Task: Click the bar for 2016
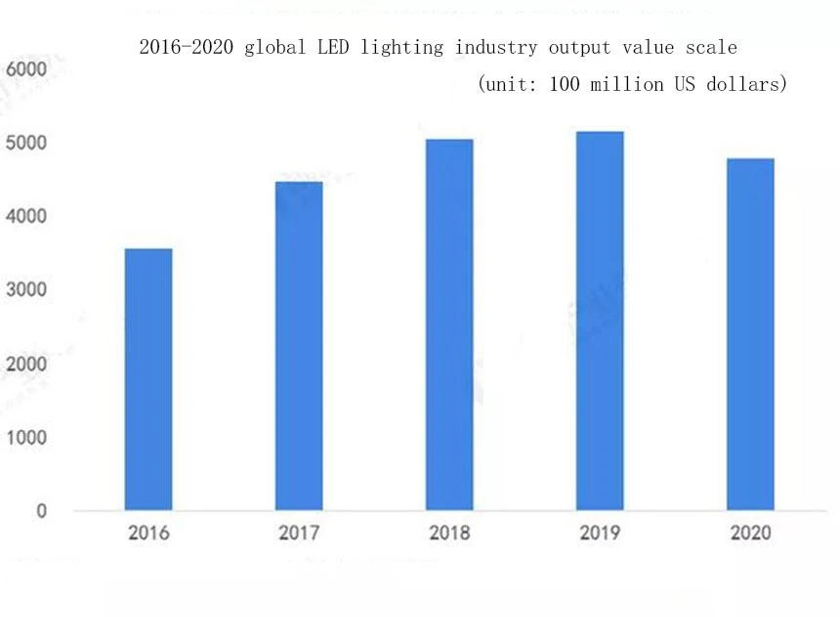pyautogui.click(x=148, y=379)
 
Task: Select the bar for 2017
pyautogui.click(x=299, y=346)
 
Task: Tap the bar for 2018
pyautogui.click(x=449, y=325)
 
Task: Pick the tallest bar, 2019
pyautogui.click(x=600, y=321)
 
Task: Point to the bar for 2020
pyautogui.click(x=750, y=334)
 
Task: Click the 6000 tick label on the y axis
pyautogui.click(x=26, y=69)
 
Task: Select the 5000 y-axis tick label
pyautogui.click(x=26, y=143)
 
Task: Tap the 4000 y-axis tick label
pyautogui.click(x=26, y=216)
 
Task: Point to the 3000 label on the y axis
pyautogui.click(x=26, y=289)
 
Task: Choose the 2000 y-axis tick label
pyautogui.click(x=26, y=364)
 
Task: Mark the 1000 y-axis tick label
pyautogui.click(x=26, y=437)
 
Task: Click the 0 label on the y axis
pyautogui.click(x=41, y=510)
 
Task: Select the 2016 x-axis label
pyautogui.click(x=148, y=533)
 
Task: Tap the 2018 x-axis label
pyautogui.click(x=449, y=533)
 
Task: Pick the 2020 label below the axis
pyautogui.click(x=750, y=533)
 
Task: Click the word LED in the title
pyautogui.click(x=333, y=47)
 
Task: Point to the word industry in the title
pyautogui.click(x=495, y=48)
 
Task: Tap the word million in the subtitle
pyautogui.click(x=626, y=84)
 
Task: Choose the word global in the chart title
pyautogui.click(x=274, y=48)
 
